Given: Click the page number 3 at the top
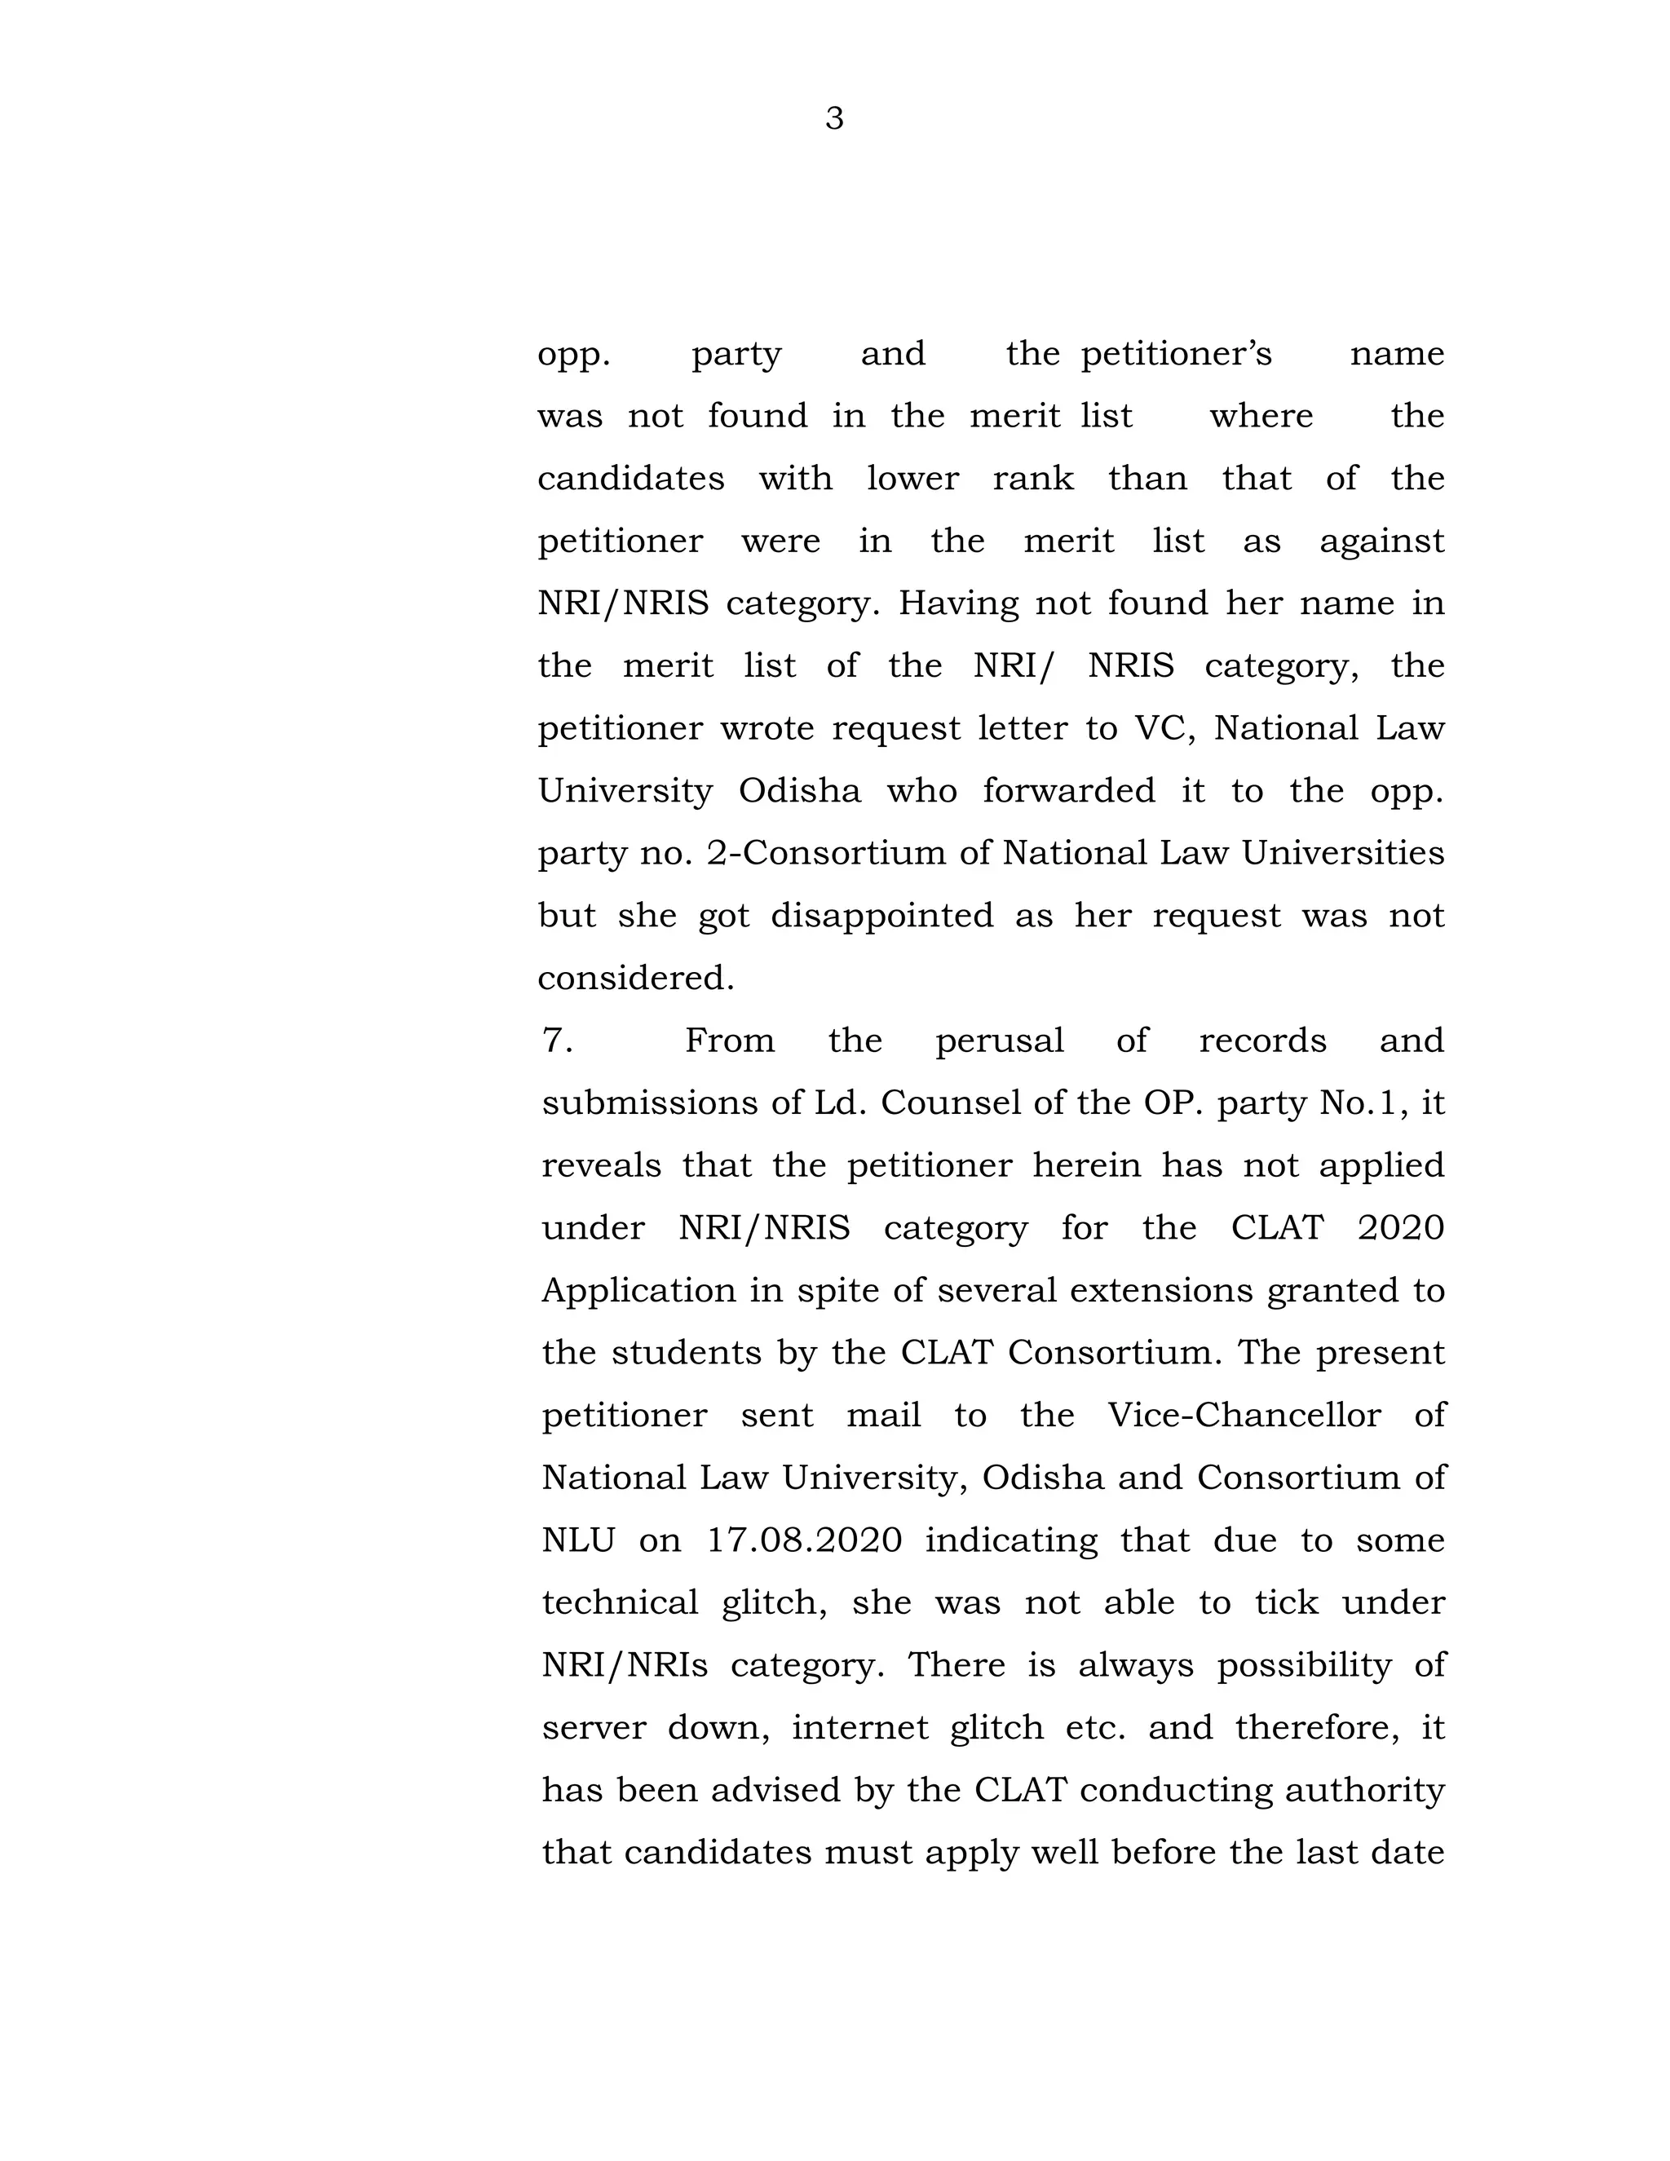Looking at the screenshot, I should coord(834,119).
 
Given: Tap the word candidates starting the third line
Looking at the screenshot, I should coord(630,479).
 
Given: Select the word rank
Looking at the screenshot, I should coord(1033,479).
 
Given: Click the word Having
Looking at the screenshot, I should coord(957,603).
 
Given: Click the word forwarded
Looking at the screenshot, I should coord(1068,790).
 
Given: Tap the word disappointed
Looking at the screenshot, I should coord(881,915).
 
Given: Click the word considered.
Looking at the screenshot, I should coord(635,979).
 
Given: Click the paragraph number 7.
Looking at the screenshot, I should coord(557,1041).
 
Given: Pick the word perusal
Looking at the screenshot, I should coord(999,1041).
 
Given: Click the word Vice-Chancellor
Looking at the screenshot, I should coord(1244,1415).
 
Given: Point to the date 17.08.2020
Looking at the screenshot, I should coord(803,1540).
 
